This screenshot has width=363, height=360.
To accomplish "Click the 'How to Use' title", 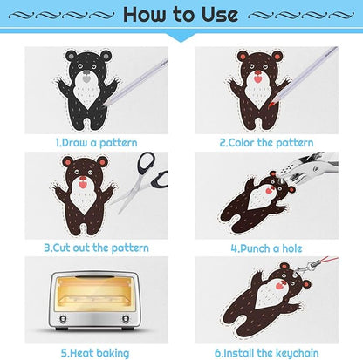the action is [x=181, y=14].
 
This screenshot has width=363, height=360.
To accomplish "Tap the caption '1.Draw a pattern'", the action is [x=96, y=143].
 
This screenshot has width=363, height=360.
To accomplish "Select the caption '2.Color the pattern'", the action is [x=266, y=143].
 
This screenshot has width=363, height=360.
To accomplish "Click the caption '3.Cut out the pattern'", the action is [x=96, y=248].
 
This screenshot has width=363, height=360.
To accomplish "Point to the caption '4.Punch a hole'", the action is [x=266, y=248].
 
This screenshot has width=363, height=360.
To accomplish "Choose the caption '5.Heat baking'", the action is [x=95, y=353].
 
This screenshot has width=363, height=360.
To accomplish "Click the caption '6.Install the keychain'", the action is [x=267, y=353].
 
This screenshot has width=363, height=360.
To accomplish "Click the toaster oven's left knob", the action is [x=62, y=319].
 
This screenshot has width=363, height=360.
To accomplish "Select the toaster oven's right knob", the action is [x=126, y=319].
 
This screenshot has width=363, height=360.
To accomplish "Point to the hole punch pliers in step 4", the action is [x=308, y=168].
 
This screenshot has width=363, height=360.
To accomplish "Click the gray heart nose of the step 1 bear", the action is [x=86, y=78].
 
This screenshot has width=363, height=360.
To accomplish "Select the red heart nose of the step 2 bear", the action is [x=257, y=78].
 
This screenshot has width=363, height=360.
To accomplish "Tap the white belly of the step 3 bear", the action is [x=84, y=199].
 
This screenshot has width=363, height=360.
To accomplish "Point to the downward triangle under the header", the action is [x=181, y=38].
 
